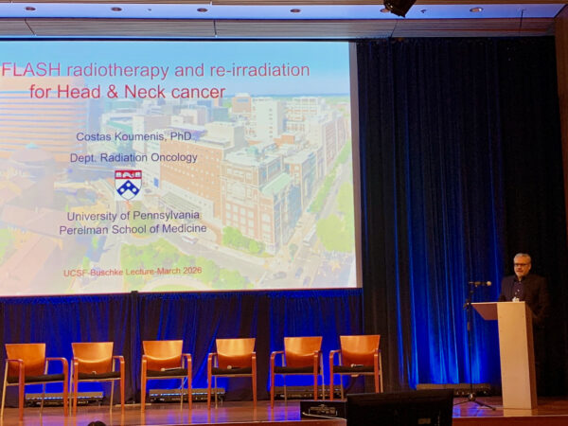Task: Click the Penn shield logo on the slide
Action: [x=128, y=183]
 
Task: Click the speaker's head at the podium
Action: [x=522, y=264]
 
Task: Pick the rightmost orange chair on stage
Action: [x=356, y=364]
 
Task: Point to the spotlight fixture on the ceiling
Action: [x=399, y=8]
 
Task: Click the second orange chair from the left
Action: [x=95, y=367]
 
